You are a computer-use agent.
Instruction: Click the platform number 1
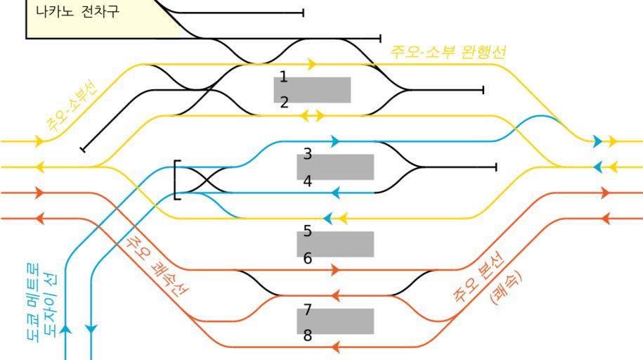pyautogui.click(x=283, y=77)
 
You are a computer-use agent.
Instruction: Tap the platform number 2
pyautogui.click(x=284, y=103)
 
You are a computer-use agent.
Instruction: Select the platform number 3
pyautogui.click(x=308, y=154)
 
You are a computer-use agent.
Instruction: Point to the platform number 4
pyautogui.click(x=308, y=181)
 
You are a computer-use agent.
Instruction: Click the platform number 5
pyautogui.click(x=308, y=231)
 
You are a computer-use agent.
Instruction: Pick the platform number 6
pyautogui.click(x=308, y=258)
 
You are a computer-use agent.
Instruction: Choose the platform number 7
pyautogui.click(x=308, y=309)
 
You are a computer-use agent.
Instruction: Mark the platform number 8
pyautogui.click(x=308, y=335)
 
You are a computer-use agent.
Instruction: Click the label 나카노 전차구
pyautogui.click(x=77, y=12)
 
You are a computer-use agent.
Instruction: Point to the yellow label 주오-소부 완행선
pyautogui.click(x=448, y=52)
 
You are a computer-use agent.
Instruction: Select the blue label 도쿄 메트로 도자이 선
pyautogui.click(x=43, y=302)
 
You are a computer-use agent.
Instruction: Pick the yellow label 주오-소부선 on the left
pyautogui.click(x=73, y=107)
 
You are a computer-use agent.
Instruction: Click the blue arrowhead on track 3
pyautogui.click(x=335, y=141)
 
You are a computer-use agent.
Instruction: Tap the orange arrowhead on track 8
pyautogui.click(x=336, y=347)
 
